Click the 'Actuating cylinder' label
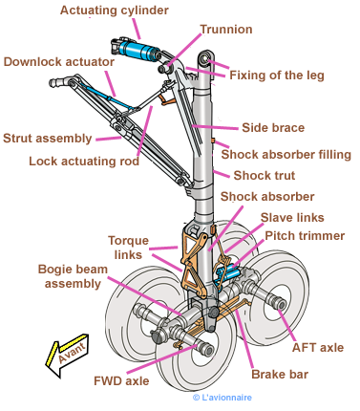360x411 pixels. click(115, 11)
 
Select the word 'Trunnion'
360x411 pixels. click(226, 30)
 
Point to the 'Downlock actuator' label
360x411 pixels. click(59, 62)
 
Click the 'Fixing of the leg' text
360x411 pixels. click(277, 76)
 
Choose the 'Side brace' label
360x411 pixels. click(273, 128)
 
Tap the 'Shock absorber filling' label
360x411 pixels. click(286, 155)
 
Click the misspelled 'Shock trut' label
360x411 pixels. click(265, 176)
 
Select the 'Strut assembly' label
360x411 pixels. click(48, 139)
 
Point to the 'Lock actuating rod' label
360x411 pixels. click(84, 162)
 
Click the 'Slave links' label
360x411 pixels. click(292, 218)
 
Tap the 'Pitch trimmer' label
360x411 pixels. click(305, 236)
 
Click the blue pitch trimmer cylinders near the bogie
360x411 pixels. click(228, 272)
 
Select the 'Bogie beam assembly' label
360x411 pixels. click(73, 276)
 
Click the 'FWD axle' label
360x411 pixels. click(121, 381)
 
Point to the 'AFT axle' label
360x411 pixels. click(318, 348)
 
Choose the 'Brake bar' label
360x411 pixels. click(280, 375)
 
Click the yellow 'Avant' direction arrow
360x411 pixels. click(67, 355)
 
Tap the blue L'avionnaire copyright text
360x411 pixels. click(222, 398)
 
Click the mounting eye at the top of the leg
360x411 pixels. click(204, 58)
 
